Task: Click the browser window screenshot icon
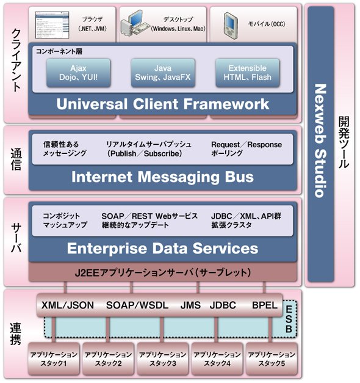tap(52, 24)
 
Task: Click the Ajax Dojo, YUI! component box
tap(78, 73)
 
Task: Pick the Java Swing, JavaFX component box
tap(163, 73)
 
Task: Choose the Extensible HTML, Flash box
tap(248, 73)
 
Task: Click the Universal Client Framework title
tap(163, 104)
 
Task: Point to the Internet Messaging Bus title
tap(162, 177)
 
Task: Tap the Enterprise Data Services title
tap(162, 248)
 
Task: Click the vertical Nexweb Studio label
tap(320, 140)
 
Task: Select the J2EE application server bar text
tap(163, 272)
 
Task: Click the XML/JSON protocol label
tap(68, 305)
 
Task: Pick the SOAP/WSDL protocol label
tap(137, 305)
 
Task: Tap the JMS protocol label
tap(190, 305)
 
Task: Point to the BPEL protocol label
tap(265, 305)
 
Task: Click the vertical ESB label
tap(289, 319)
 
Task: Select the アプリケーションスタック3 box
tap(163, 359)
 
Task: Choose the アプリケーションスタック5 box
tap(272, 359)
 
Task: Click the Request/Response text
tap(247, 145)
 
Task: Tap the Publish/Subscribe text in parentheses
tap(145, 154)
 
